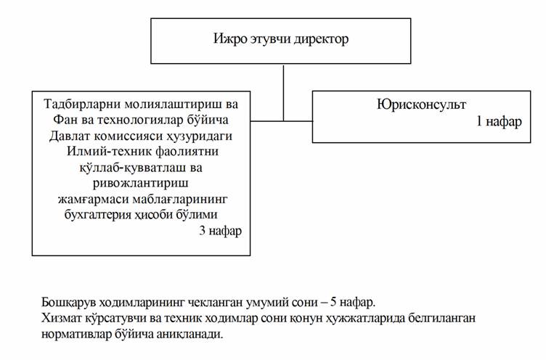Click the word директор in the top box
(321, 39)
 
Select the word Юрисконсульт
(421, 104)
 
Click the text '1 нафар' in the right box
(499, 121)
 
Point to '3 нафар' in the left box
(220, 231)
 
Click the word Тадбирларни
(82, 104)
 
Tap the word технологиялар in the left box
(140, 120)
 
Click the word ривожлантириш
(141, 183)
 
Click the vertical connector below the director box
(283, 93)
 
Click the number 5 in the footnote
(333, 302)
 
